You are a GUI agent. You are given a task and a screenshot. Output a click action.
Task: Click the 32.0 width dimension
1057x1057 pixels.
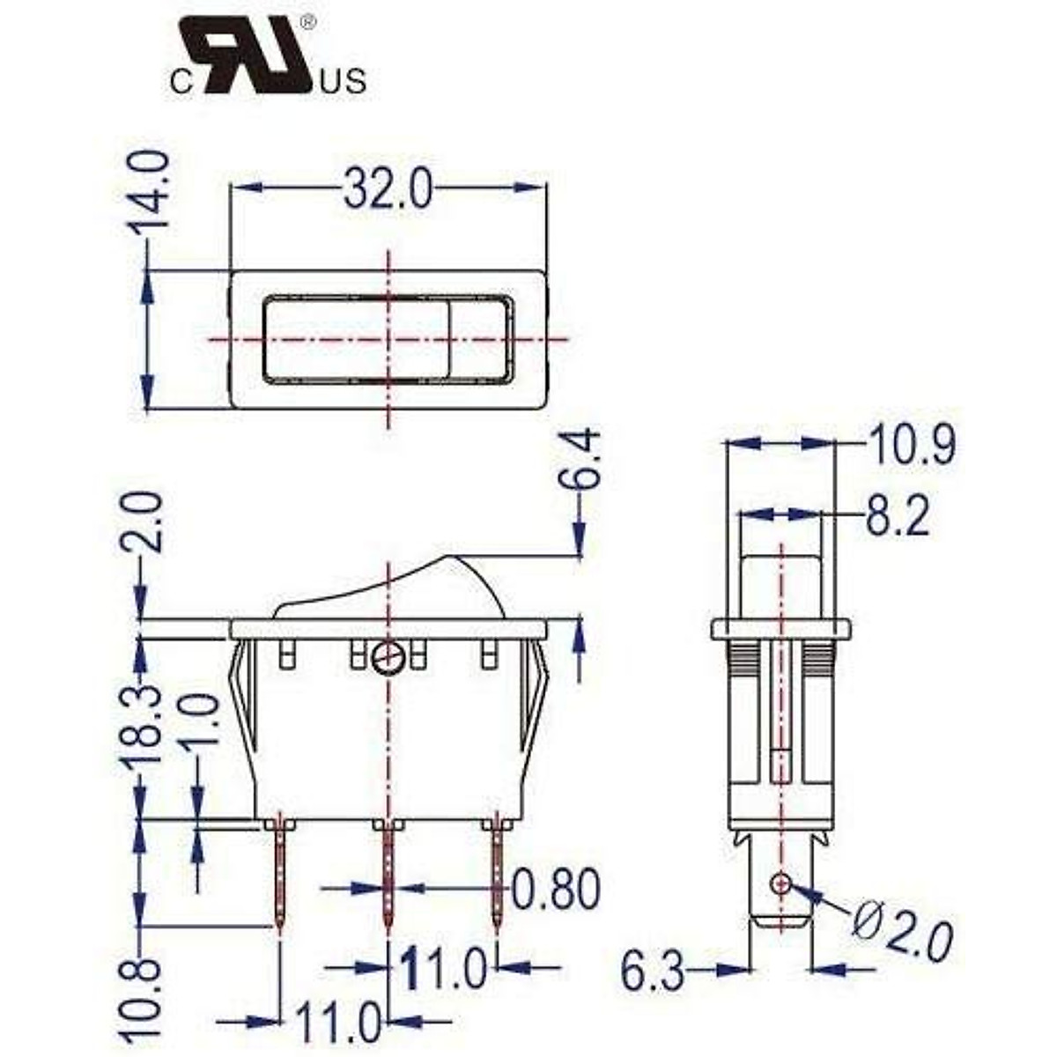[x=388, y=188]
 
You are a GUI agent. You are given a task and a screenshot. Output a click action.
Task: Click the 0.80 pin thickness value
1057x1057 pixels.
[x=556, y=890]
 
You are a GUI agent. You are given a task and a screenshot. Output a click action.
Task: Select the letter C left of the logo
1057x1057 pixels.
[x=181, y=84]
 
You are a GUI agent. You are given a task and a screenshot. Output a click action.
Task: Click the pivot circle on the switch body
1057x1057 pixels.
[x=388, y=656]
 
